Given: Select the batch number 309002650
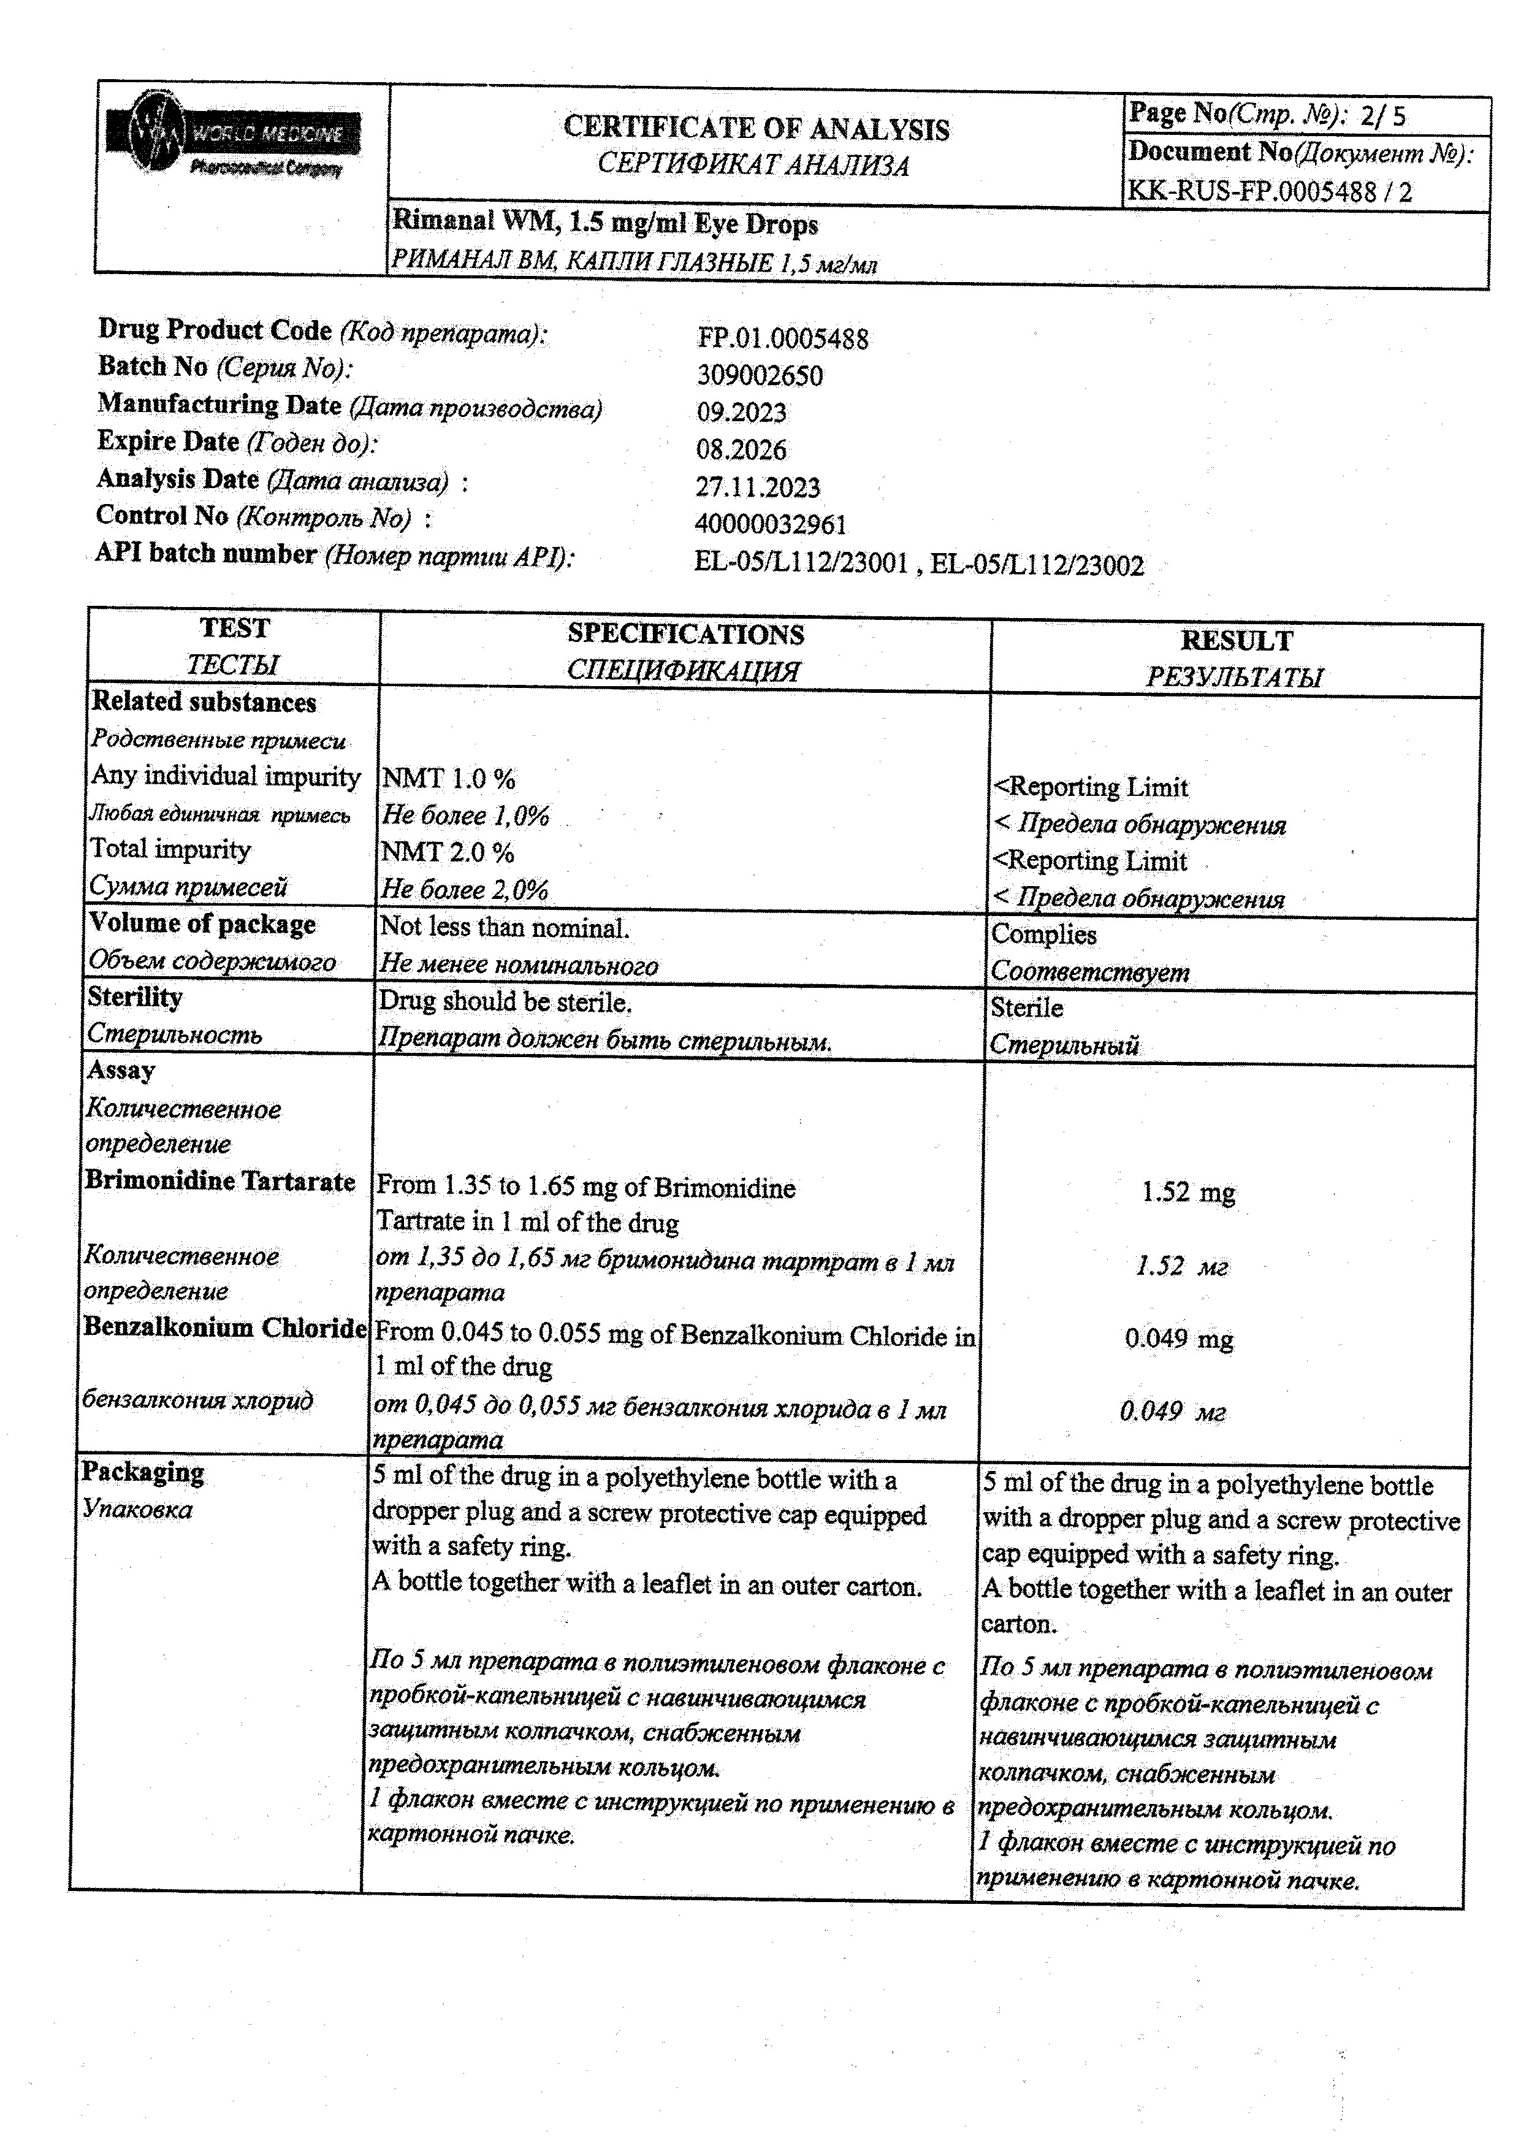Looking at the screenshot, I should pyautogui.click(x=760, y=376).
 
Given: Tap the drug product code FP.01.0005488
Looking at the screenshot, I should pyautogui.click(x=782, y=338).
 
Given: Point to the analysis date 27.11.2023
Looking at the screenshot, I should pyautogui.click(x=758, y=487).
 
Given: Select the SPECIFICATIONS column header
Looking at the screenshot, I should pyautogui.click(x=685, y=634).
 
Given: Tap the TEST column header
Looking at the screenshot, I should pyautogui.click(x=234, y=628).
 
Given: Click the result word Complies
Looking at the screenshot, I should pyautogui.click(x=1043, y=934).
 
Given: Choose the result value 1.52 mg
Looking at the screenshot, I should pyautogui.click(x=1187, y=1193).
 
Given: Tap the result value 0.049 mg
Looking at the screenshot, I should pyautogui.click(x=1178, y=1338).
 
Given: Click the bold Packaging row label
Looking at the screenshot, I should pyautogui.click(x=142, y=1472).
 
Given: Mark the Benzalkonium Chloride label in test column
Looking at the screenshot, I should pyautogui.click(x=225, y=1328).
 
